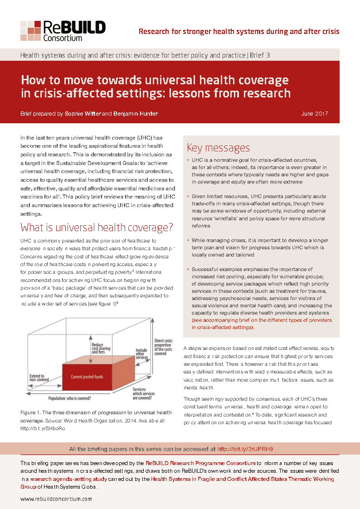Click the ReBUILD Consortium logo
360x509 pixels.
[x=63, y=31]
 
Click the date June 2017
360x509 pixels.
[x=315, y=113]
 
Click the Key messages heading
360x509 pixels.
[x=218, y=148]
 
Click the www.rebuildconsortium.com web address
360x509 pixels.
[x=56, y=499]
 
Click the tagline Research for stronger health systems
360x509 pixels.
[x=238, y=31]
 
